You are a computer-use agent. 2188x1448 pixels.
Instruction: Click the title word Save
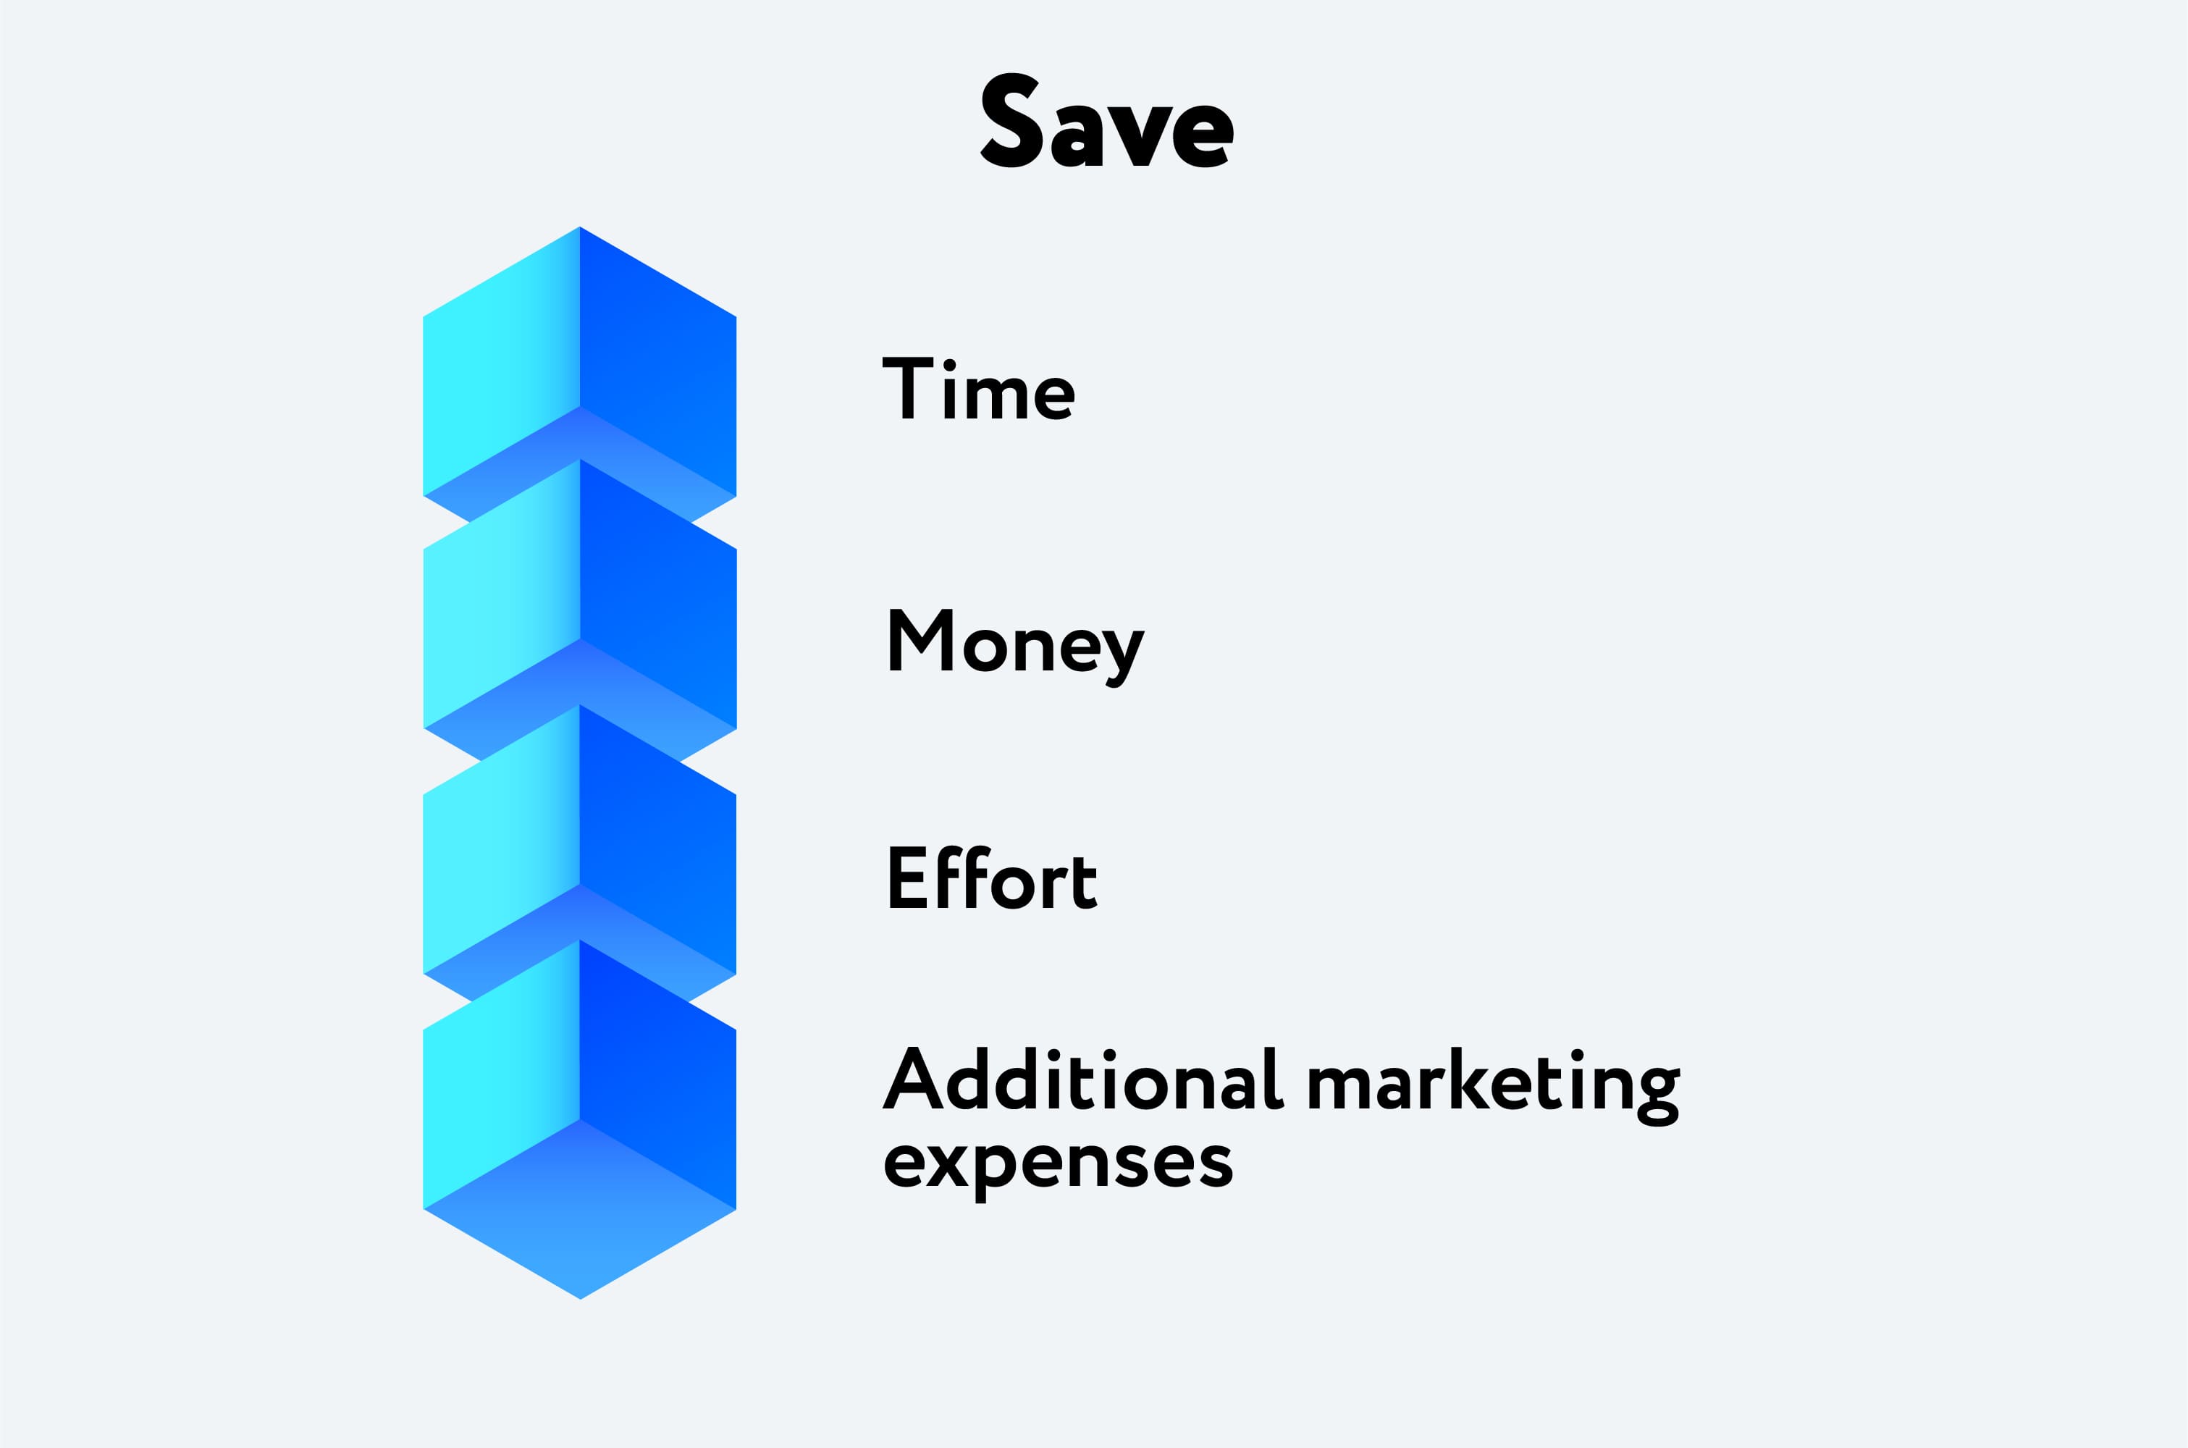point(1107,120)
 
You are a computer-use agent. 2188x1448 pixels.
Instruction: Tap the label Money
point(1017,648)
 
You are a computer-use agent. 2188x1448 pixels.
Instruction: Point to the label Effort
point(993,877)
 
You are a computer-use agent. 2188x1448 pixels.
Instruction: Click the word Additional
point(1084,1079)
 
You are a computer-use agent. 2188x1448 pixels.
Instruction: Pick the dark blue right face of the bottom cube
point(658,1074)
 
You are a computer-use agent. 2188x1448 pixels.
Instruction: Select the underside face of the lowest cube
point(580,1210)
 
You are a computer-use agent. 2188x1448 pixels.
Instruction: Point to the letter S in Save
point(1011,120)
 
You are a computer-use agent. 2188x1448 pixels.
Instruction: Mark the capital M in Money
point(920,639)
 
